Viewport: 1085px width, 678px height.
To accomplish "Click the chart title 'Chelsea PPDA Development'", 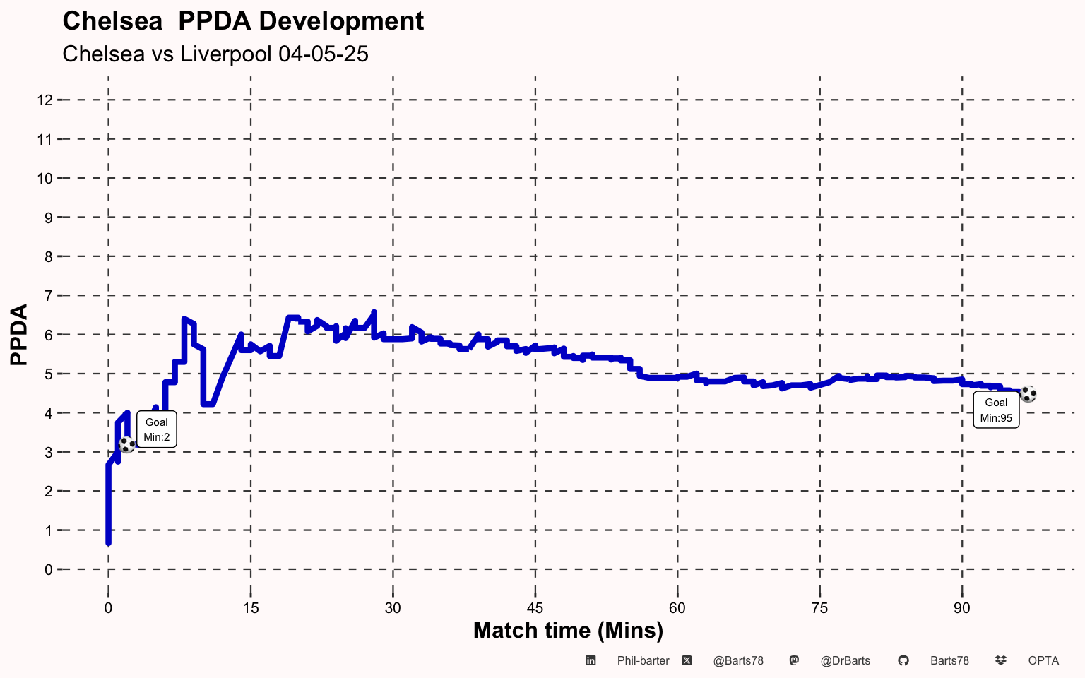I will click(243, 21).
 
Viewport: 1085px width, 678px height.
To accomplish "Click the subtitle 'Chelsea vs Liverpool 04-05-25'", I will click(215, 54).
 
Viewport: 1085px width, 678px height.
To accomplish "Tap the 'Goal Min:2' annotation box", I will click(156, 429).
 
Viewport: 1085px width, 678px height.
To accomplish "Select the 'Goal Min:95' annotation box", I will click(996, 410).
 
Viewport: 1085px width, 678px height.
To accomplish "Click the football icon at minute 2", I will click(126, 445).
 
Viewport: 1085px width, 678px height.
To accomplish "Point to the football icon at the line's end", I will click(1028, 394).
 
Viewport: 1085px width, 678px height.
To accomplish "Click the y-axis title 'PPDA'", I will click(19, 334).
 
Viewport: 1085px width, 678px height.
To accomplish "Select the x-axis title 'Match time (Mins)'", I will click(568, 630).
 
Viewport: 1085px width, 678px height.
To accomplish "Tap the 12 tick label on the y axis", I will click(45, 100).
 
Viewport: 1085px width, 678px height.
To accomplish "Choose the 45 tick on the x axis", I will click(535, 608).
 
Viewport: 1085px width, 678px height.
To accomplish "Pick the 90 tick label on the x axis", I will click(961, 608).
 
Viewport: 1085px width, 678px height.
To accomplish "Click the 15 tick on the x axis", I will click(250, 608).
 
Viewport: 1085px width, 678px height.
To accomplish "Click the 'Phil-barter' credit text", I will click(643, 661).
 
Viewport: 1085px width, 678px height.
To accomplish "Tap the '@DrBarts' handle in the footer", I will click(845, 661).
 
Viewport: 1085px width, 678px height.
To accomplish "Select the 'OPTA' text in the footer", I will click(1043, 661).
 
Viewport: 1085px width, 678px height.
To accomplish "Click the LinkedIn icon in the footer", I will click(591, 661).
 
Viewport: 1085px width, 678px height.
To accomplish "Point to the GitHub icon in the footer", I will click(903, 661).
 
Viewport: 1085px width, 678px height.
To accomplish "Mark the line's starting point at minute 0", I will click(108, 542).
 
